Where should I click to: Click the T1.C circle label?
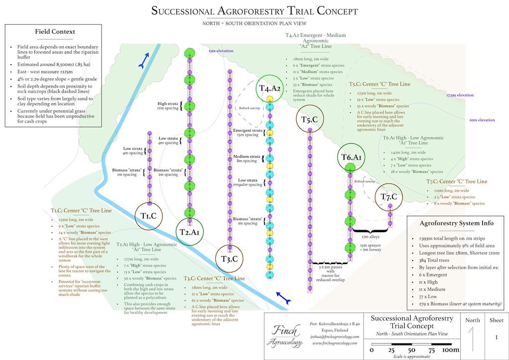[x=149, y=216]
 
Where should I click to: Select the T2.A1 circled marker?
[x=189, y=232]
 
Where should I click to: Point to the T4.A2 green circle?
[x=270, y=89]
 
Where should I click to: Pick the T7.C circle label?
[x=389, y=197]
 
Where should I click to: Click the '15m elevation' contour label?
[x=221, y=51]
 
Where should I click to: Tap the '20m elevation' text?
[x=482, y=120]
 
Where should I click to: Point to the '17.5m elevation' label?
[x=460, y=95]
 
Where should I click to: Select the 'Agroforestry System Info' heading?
[x=457, y=223]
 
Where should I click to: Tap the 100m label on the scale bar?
[x=450, y=350]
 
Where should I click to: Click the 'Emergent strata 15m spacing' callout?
[x=247, y=133]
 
